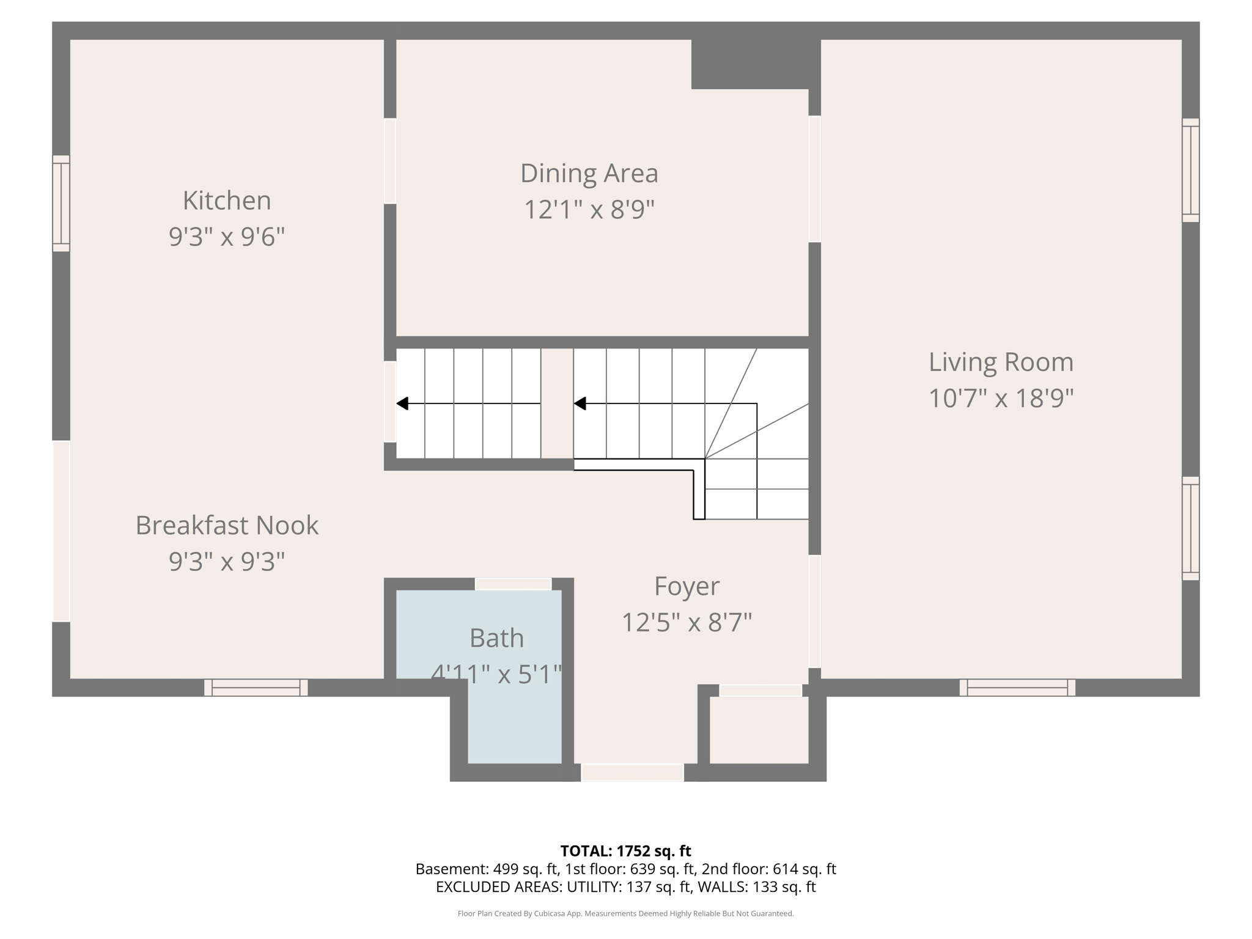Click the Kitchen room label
pyautogui.click(x=227, y=201)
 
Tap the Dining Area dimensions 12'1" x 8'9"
pyautogui.click(x=589, y=210)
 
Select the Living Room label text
pyautogui.click(x=1001, y=362)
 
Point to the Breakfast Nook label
pyautogui.click(x=227, y=525)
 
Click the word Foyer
pyautogui.click(x=687, y=586)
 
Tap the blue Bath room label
pyautogui.click(x=496, y=638)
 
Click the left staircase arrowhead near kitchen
pyautogui.click(x=402, y=403)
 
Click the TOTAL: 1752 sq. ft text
pyautogui.click(x=625, y=851)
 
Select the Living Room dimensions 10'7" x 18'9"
pyautogui.click(x=1001, y=399)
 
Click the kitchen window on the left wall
pyautogui.click(x=61, y=203)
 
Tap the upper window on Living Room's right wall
pyautogui.click(x=1190, y=170)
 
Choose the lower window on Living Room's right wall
pyautogui.click(x=1190, y=528)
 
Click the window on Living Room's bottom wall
pyautogui.click(x=1017, y=687)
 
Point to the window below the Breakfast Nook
pyautogui.click(x=256, y=687)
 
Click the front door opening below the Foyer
pyautogui.click(x=632, y=772)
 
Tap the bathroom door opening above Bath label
pyautogui.click(x=514, y=584)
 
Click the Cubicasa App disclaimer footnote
pyautogui.click(x=625, y=914)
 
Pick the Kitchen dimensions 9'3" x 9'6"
pyautogui.click(x=227, y=237)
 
